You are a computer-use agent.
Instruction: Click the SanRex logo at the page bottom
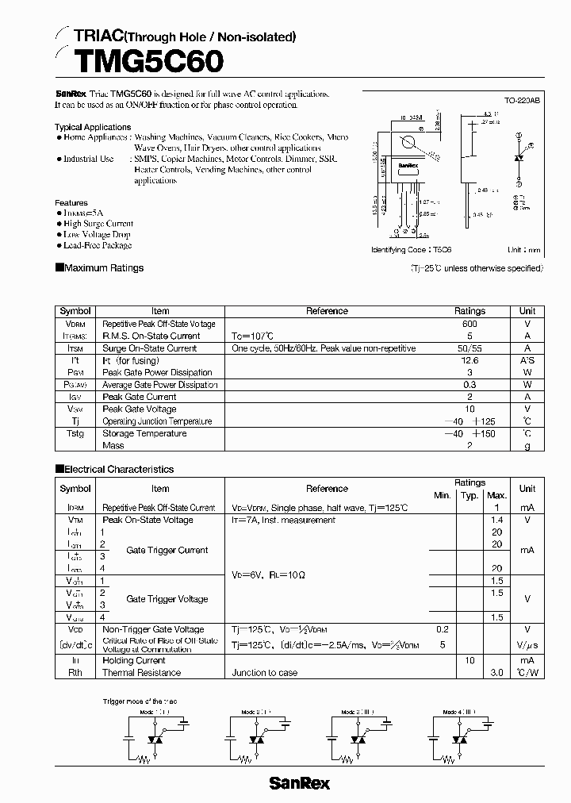click(299, 783)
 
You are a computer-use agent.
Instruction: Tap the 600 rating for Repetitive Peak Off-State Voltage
click(469, 324)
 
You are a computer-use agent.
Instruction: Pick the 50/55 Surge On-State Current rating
click(469, 348)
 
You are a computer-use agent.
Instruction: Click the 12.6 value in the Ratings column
click(469, 360)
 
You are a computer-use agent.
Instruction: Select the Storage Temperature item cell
click(144, 433)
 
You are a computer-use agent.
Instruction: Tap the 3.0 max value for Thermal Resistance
click(496, 673)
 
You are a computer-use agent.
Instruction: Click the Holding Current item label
click(133, 660)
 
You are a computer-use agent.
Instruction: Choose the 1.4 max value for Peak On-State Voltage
click(496, 520)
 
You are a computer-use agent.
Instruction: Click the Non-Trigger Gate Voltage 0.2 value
click(442, 629)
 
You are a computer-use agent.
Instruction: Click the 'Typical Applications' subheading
click(93, 127)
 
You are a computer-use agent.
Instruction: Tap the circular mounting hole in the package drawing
click(409, 144)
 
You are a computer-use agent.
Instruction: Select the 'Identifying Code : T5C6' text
click(405, 249)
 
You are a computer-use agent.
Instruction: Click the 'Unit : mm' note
click(524, 249)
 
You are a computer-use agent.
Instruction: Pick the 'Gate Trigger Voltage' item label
click(167, 599)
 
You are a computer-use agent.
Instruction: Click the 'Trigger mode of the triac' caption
click(144, 701)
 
